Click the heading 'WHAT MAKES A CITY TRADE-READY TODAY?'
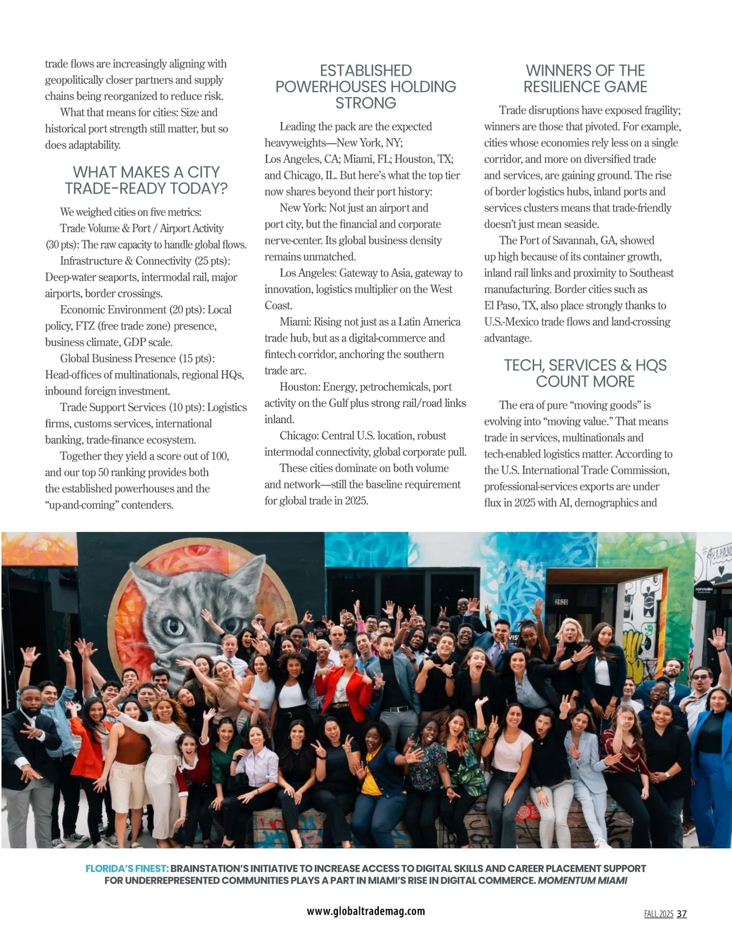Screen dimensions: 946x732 pyautogui.click(x=146, y=181)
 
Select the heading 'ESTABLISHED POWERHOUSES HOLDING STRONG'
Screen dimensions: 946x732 pyautogui.click(x=365, y=87)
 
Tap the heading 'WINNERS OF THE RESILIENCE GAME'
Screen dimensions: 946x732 pyautogui.click(x=585, y=79)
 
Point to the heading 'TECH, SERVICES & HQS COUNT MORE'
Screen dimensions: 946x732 pyautogui.click(x=585, y=373)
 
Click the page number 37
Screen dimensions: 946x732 pyautogui.click(x=682, y=914)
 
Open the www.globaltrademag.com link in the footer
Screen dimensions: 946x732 pyautogui.click(x=365, y=911)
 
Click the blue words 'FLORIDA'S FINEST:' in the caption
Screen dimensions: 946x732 pyautogui.click(x=127, y=869)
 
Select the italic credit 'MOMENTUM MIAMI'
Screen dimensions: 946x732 pyautogui.click(x=582, y=881)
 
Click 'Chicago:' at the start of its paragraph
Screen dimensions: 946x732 pyautogui.click(x=299, y=436)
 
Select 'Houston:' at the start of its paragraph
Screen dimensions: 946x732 pyautogui.click(x=300, y=387)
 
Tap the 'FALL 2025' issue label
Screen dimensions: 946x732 pyautogui.click(x=658, y=914)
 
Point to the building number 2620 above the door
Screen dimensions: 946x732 pyautogui.click(x=561, y=584)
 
